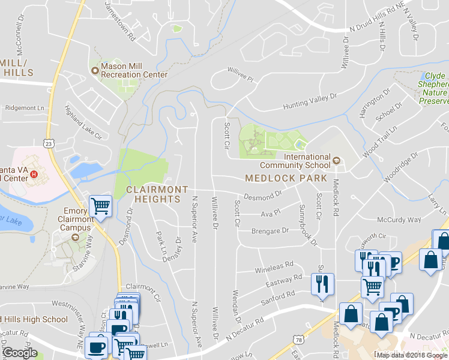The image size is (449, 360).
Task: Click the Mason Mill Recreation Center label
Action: pos(133,70)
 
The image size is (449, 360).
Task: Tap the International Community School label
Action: pos(295,161)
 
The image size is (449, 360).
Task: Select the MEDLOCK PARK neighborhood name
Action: pos(286,178)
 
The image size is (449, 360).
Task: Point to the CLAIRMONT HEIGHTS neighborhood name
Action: pos(157,194)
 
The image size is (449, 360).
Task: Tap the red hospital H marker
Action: pos(34,175)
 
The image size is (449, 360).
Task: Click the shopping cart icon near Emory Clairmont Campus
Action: pos(100,206)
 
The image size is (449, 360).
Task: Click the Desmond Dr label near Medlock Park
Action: pos(262,196)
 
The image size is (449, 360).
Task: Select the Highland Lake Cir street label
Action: pos(83,123)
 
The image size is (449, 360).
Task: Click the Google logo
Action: pos(20,353)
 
